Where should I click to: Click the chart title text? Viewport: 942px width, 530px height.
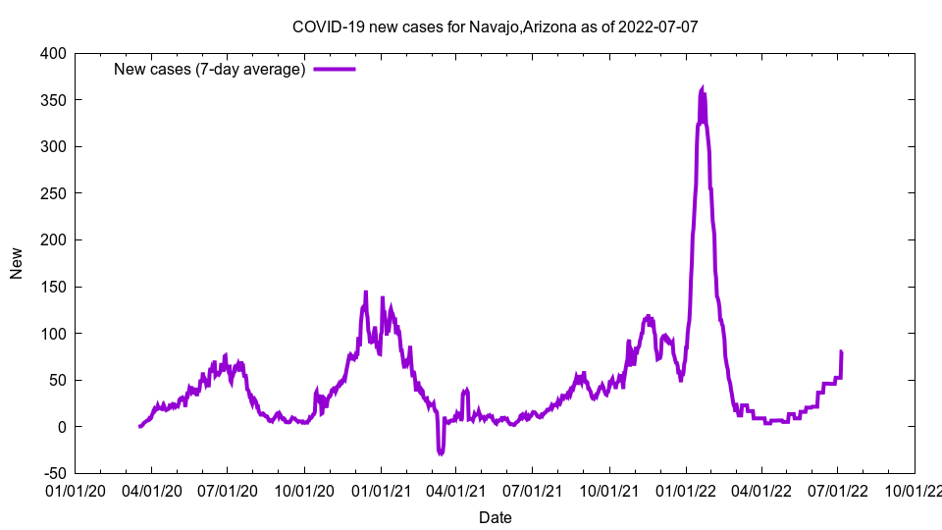coord(496,26)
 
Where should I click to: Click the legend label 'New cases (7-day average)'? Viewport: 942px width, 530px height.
coord(210,69)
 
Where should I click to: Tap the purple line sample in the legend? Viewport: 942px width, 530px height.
coord(335,69)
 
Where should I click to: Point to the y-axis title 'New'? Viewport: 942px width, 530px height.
coord(17,263)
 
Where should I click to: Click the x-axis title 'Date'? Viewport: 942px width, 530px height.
coord(495,517)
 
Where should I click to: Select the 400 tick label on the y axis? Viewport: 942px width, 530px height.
coord(53,53)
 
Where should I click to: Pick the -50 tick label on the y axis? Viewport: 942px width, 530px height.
coord(53,473)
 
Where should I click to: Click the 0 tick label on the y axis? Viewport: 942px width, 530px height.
coord(62,427)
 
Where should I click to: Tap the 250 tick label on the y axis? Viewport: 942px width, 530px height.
coord(53,193)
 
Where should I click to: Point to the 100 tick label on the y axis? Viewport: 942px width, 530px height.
coord(53,334)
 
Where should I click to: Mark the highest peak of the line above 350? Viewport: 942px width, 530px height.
coord(702,88)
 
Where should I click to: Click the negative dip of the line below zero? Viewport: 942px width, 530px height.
coord(441,452)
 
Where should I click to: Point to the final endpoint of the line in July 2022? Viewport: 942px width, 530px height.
coord(841,351)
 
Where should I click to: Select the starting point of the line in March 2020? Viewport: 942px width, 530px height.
coord(140,426)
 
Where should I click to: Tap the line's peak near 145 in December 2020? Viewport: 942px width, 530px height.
coord(366,292)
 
